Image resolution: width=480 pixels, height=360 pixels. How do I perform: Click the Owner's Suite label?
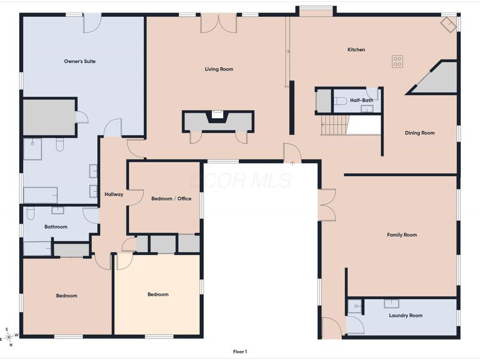(x=80, y=61)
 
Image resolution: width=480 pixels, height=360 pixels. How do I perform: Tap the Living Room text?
(x=219, y=69)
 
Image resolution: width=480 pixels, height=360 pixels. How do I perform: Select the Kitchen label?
(x=356, y=50)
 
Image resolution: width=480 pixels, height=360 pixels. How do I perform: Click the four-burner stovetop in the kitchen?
(x=397, y=61)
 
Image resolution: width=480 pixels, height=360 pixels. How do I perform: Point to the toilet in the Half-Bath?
(x=340, y=101)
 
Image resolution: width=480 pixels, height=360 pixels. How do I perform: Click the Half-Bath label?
(x=362, y=100)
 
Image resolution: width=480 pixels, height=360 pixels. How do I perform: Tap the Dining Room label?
(x=419, y=133)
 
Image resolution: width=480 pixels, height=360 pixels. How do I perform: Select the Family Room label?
(x=402, y=235)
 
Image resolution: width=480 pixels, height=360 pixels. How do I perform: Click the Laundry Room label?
(x=406, y=316)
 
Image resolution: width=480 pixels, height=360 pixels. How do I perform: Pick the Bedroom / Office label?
(x=171, y=199)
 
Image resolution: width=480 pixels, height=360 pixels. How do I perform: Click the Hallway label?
(x=113, y=194)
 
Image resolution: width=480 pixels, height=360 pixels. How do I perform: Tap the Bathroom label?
(x=56, y=227)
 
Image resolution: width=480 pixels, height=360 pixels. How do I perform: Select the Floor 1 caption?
(x=240, y=352)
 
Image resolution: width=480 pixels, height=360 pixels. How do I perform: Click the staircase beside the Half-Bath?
(x=334, y=125)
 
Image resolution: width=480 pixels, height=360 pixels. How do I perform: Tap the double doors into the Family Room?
(x=327, y=205)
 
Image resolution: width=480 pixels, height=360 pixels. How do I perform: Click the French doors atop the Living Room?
(x=218, y=25)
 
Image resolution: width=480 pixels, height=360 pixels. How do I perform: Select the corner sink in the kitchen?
(x=448, y=25)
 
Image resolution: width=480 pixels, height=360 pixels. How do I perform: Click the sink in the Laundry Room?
(x=392, y=304)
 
